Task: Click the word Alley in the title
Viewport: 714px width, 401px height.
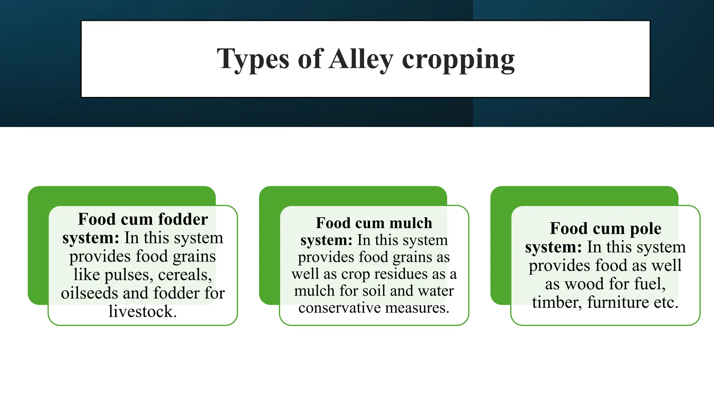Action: tap(361, 59)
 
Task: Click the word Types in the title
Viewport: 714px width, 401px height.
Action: tap(253, 59)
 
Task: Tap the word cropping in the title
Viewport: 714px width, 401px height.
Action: tap(458, 60)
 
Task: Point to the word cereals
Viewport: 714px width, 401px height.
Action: tap(185, 275)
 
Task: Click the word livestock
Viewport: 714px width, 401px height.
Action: tap(143, 312)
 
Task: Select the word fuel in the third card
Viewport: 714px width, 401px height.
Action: tap(650, 284)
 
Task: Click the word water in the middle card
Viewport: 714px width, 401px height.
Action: tap(436, 291)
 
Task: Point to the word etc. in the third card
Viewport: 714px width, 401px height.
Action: tap(666, 302)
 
